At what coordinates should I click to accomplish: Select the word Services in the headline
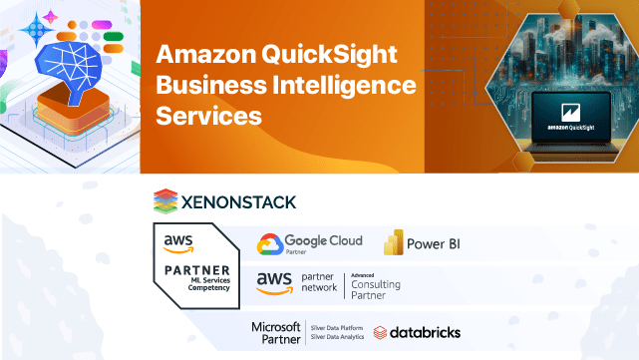click(x=209, y=116)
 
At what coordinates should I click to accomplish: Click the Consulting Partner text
click(x=376, y=289)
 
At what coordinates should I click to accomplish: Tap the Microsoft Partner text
click(x=276, y=332)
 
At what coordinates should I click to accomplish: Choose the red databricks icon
click(x=381, y=332)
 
